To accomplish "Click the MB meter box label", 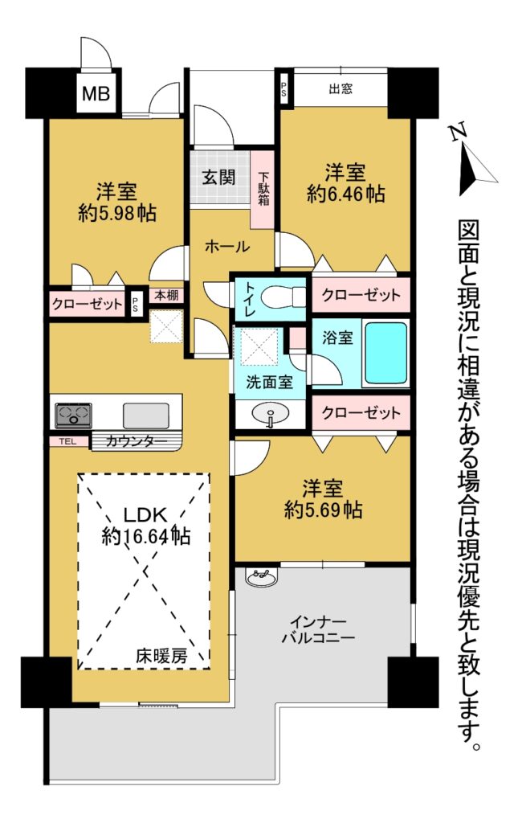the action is click(96, 93).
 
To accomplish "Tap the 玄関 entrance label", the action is click(218, 177).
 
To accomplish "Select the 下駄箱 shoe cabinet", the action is click(263, 190).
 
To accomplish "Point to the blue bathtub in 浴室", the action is click(385, 353).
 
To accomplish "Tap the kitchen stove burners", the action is click(73, 416).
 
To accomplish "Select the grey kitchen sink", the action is click(146, 416).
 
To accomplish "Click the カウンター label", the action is click(137, 441).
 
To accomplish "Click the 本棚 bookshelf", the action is click(166, 296).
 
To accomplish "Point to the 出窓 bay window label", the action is click(341, 88).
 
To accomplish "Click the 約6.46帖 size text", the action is click(345, 194).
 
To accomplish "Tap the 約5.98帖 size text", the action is click(116, 212).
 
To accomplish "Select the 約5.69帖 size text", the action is click(323, 509).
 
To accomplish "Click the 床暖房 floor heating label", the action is click(161, 655).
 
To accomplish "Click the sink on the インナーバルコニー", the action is click(260, 578).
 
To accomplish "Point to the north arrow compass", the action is click(472, 158).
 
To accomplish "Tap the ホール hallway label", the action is click(226, 246).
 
